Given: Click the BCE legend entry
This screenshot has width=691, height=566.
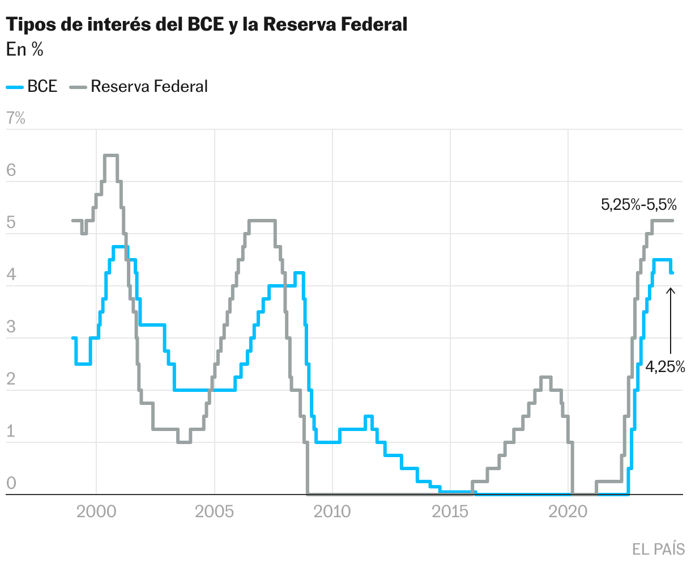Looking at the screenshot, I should [32, 87].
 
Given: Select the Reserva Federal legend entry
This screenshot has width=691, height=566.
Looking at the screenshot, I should [139, 87].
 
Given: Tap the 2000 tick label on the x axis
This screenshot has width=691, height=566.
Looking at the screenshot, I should [96, 512].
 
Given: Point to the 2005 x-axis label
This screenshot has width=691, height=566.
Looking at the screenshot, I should [214, 512].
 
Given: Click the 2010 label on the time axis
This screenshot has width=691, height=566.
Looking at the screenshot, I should [332, 512].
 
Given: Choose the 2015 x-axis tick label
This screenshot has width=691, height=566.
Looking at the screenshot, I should [450, 512].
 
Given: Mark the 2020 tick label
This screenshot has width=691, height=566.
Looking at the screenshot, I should [568, 512].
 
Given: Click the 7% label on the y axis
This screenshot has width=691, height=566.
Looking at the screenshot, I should [15, 119].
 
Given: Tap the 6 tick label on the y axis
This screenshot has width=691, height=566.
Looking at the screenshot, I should [12, 171].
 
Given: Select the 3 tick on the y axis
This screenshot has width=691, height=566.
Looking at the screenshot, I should [12, 327].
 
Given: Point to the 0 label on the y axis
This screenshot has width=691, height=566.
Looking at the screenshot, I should [12, 484].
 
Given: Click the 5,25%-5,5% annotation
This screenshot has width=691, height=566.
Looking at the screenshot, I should [639, 205].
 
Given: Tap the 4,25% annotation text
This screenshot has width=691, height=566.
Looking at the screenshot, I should [665, 367].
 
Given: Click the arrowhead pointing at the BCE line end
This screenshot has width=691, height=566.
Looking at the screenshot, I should [671, 291].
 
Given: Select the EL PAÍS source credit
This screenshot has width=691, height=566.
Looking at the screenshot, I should [659, 549].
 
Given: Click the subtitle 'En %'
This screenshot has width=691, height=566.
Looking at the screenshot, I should [25, 50].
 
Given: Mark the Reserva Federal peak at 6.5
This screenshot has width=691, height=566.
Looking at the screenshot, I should [110, 155].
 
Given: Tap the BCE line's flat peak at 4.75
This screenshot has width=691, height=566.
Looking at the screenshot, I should [120, 247].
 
